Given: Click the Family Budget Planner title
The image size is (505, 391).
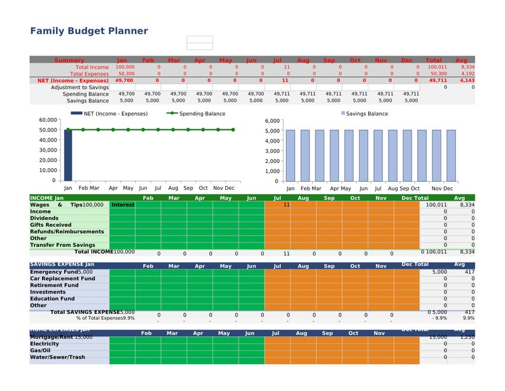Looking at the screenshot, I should [x=89, y=31].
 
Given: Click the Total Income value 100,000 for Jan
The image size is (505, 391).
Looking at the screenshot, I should [x=125, y=67].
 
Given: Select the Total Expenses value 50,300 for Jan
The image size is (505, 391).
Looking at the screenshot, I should [x=125, y=74].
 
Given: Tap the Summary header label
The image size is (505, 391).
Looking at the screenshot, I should [x=69, y=60].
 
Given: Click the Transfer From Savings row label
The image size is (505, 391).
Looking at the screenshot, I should [x=62, y=245].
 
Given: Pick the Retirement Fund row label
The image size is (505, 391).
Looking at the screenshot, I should [x=54, y=285].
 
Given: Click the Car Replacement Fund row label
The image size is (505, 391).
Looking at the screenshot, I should [x=62, y=278].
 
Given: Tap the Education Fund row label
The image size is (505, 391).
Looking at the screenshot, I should [x=52, y=299].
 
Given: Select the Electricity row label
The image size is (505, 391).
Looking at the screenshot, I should [x=45, y=344].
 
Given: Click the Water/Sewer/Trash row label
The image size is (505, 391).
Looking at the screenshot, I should [x=57, y=357].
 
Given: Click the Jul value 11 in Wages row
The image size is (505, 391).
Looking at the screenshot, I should [x=286, y=205].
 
